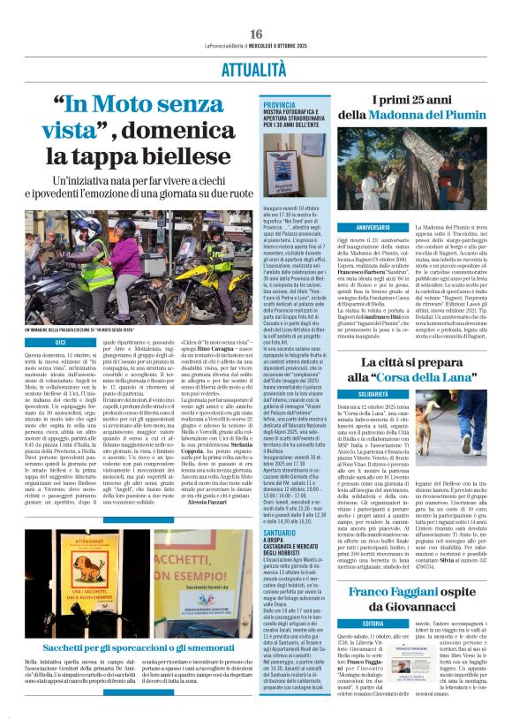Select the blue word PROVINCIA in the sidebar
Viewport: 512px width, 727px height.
[x=280, y=104]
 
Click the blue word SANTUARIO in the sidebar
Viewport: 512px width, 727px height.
[x=282, y=534]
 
